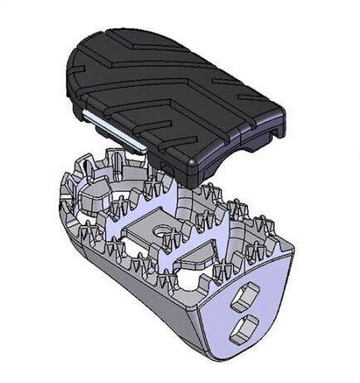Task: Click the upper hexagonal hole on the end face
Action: coord(247,294)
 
